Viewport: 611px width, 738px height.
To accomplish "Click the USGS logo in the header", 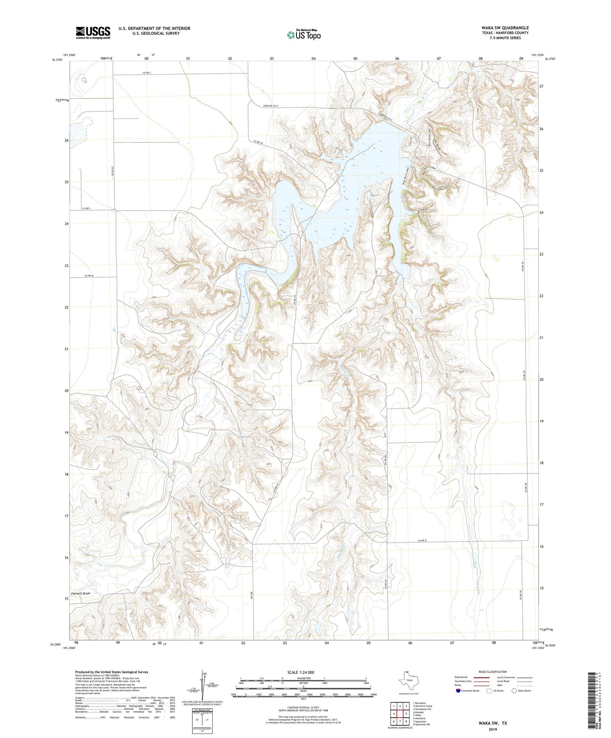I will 93,33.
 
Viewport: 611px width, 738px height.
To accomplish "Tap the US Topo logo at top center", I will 303,35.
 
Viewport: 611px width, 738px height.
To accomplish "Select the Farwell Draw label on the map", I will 80,593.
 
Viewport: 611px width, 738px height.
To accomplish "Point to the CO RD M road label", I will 89,276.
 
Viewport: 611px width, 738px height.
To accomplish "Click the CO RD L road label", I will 86,208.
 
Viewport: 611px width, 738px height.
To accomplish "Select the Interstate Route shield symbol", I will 458,691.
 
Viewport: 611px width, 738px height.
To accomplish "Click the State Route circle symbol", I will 514,691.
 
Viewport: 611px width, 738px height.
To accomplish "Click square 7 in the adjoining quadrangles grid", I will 400,721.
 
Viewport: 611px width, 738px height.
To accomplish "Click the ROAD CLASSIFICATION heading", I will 492,672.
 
